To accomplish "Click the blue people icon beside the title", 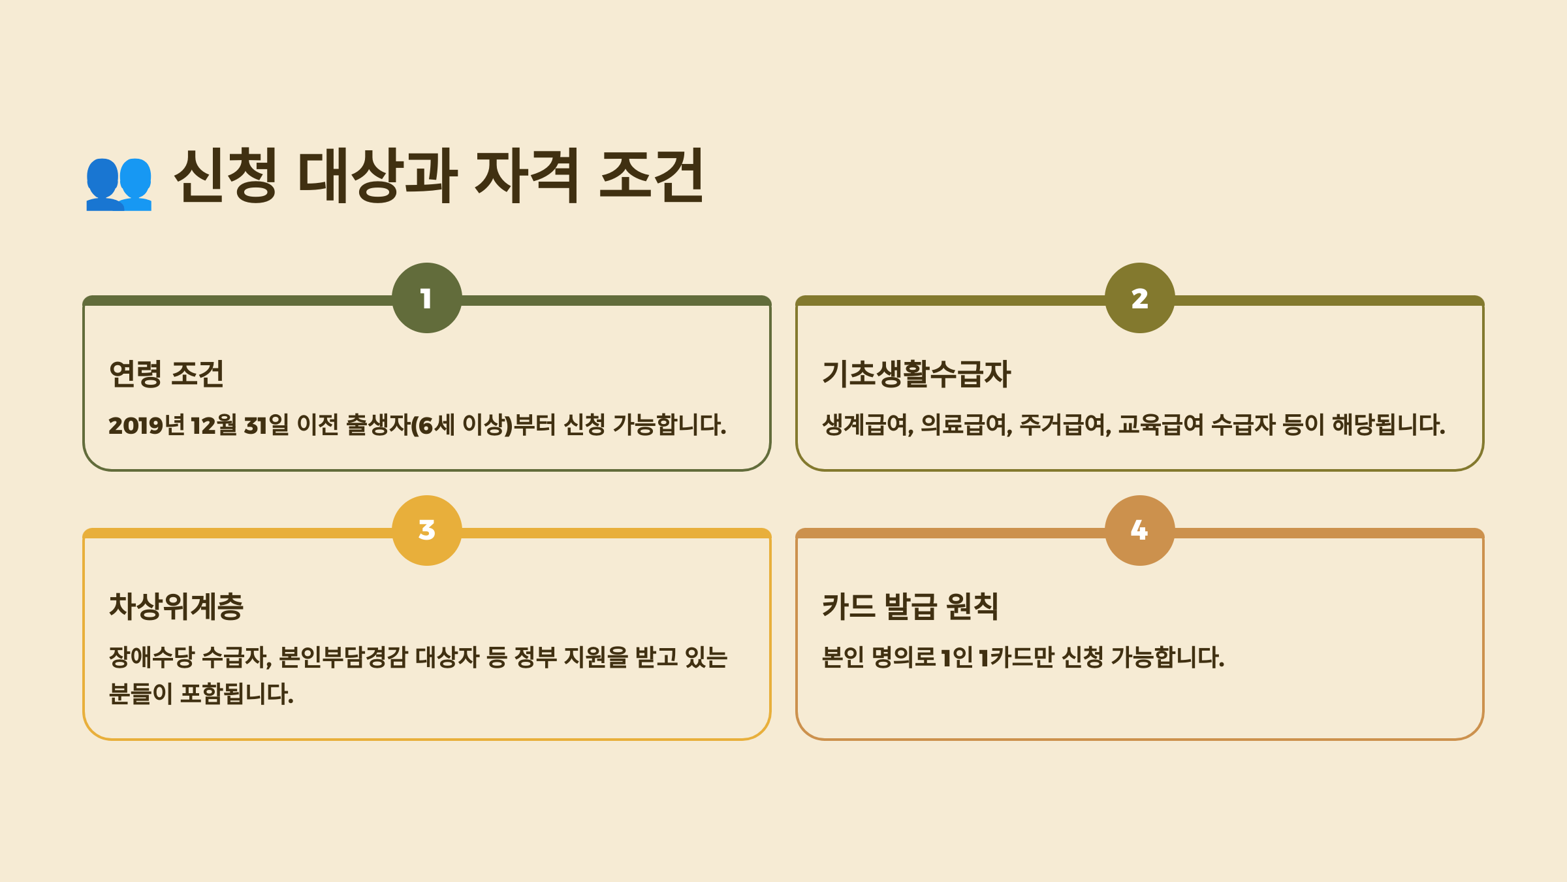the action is pos(119,183).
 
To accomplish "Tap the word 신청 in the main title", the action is pos(226,175).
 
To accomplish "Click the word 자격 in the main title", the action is pos(526,175).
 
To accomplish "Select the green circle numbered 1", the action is pos(427,299).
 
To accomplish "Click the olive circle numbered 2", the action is pos(1139,299).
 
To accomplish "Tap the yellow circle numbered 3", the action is pos(427,531).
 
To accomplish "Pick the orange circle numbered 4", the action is pos(1139,531).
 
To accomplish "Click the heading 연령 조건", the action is pos(166,374).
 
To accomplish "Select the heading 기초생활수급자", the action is pos(916,374).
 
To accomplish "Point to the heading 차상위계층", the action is pos(176,606).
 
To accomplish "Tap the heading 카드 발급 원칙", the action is pos(910,606).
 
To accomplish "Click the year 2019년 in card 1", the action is pos(146,425).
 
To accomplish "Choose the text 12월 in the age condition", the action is pos(214,425).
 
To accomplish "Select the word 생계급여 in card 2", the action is pos(867,425).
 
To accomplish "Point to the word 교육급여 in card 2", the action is pos(1161,425).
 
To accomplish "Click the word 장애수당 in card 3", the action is pos(151,657).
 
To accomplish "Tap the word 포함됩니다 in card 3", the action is pos(236,694).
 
